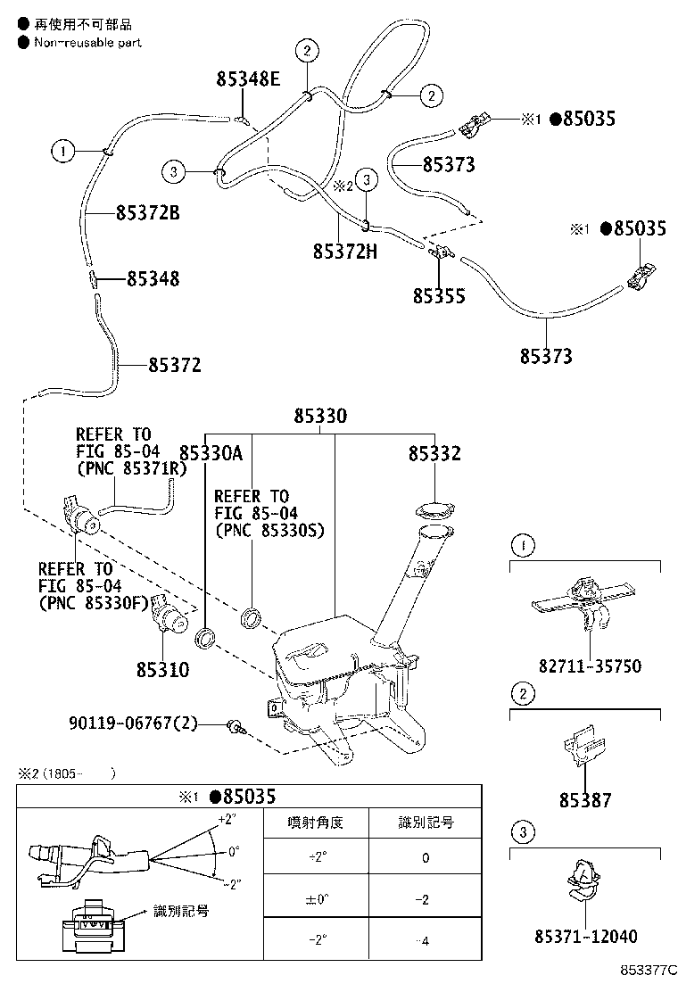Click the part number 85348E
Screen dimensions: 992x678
(x=247, y=79)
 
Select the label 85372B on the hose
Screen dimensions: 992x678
(x=147, y=212)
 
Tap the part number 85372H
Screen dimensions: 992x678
(x=344, y=252)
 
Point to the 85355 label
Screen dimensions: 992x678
(x=438, y=295)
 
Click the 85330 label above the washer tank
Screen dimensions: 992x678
(x=321, y=417)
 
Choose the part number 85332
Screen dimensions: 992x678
(x=434, y=454)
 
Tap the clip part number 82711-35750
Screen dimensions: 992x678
(x=590, y=665)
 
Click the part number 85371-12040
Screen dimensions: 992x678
(x=586, y=937)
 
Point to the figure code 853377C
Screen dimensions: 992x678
(x=649, y=969)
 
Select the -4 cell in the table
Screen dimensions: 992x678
(x=425, y=941)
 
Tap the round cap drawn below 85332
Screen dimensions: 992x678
(x=434, y=511)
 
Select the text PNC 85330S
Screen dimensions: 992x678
(x=269, y=530)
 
